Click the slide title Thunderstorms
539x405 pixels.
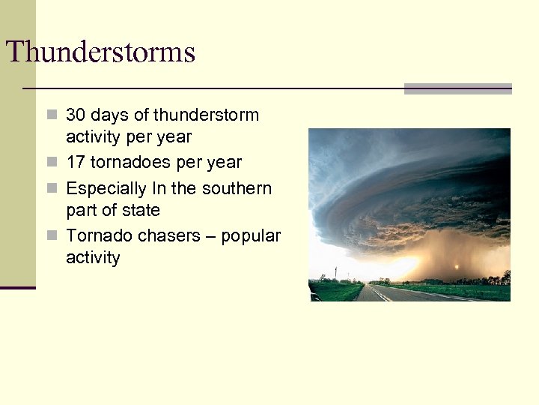tap(100, 52)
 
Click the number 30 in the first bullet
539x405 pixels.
tap(76, 115)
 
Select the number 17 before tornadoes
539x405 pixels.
tap(76, 163)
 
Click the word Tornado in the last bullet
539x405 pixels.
tap(94, 235)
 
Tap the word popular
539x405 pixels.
tap(251, 236)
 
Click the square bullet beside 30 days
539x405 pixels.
tap(51, 115)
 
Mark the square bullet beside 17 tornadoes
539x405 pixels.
tap(51, 163)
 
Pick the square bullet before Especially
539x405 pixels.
tap(51, 188)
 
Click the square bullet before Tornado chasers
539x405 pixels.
tap(51, 235)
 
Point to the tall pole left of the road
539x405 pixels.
tap(336, 274)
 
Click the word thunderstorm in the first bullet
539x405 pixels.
tap(206, 115)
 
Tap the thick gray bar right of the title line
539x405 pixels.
tap(457, 88)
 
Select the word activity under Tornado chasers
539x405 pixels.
tap(93, 258)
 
